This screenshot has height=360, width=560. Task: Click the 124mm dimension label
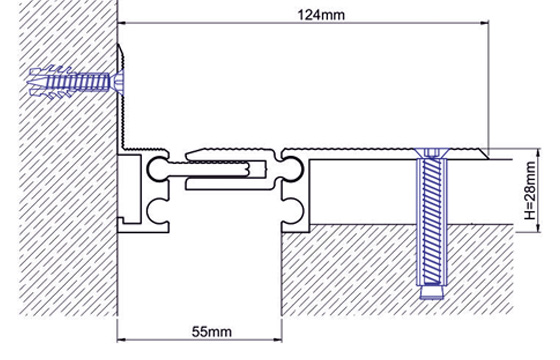pyautogui.click(x=321, y=15)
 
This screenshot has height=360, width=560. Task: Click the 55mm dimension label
pyautogui.click(x=211, y=331)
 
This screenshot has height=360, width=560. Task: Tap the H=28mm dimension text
pyautogui.click(x=530, y=190)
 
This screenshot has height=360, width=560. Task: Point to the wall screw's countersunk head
pyautogui.click(x=119, y=82)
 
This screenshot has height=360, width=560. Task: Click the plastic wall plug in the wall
pyautogui.click(x=68, y=82)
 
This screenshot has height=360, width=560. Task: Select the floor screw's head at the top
pyautogui.click(x=431, y=154)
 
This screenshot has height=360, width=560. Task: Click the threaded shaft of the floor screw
pyautogui.click(x=431, y=221)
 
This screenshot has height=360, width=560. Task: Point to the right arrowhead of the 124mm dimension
pyautogui.click(x=485, y=23)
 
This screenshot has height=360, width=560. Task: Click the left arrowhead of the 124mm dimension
pyautogui.click(x=122, y=23)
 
